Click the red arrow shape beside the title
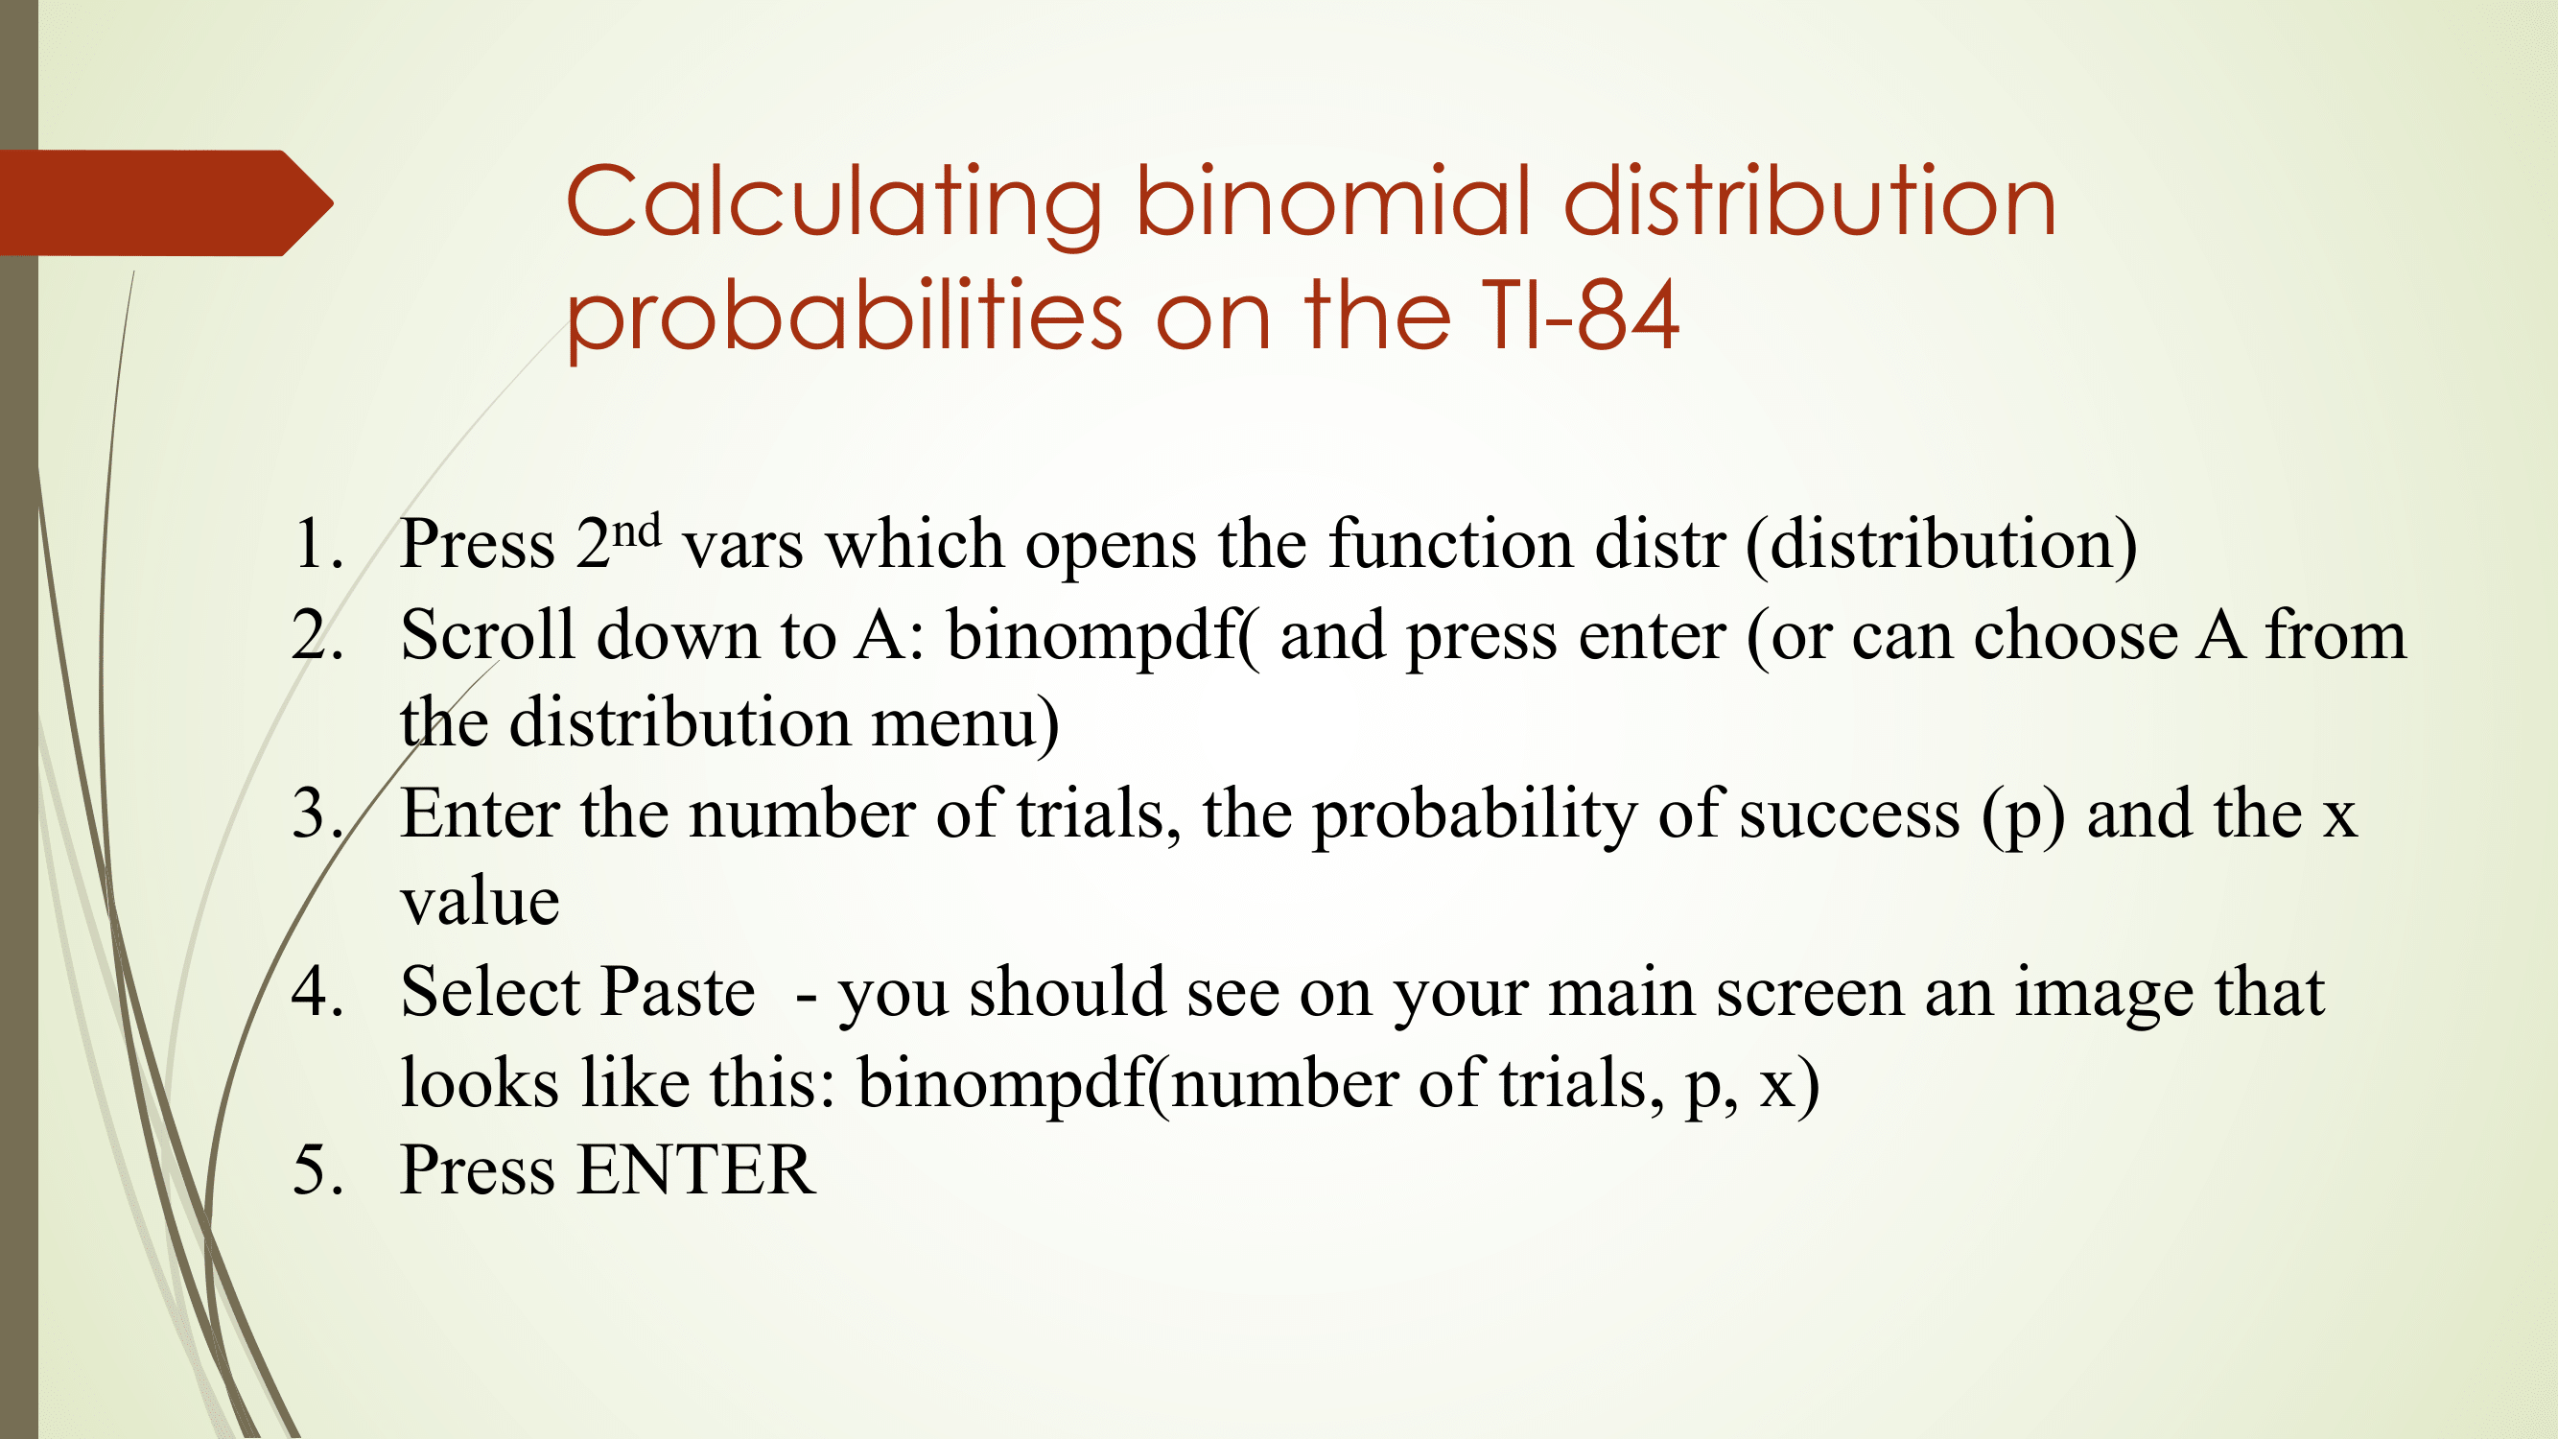point(166,202)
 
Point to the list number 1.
point(317,544)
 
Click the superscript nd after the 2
point(637,531)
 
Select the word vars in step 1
point(741,547)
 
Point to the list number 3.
point(317,814)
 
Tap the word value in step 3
point(480,902)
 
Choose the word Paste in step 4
point(678,991)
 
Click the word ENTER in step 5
point(697,1169)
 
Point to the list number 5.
point(317,1169)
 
